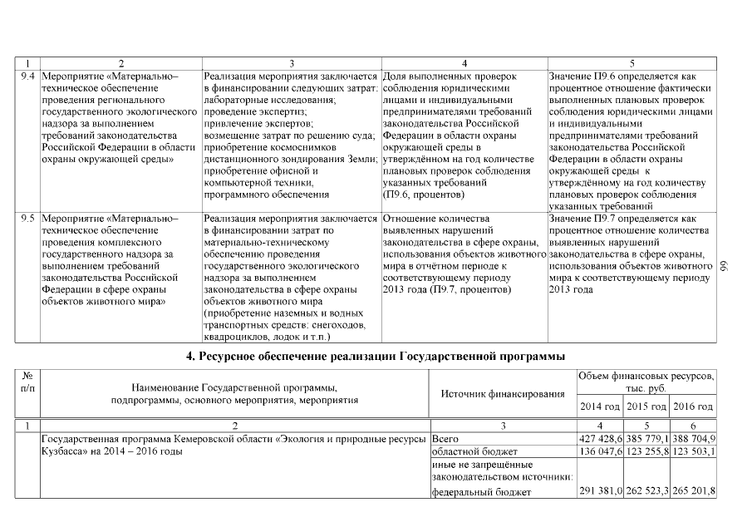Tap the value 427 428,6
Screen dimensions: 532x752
click(x=599, y=437)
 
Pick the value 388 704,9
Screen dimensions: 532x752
click(x=693, y=437)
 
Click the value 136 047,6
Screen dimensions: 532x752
click(x=599, y=450)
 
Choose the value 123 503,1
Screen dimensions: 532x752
click(x=693, y=450)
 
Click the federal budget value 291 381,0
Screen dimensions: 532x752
click(x=599, y=491)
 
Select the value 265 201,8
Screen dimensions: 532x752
click(x=693, y=491)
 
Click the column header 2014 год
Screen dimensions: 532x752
click(x=599, y=406)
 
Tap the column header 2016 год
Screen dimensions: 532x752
click(x=693, y=406)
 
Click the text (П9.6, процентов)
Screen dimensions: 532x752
click(x=424, y=194)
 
